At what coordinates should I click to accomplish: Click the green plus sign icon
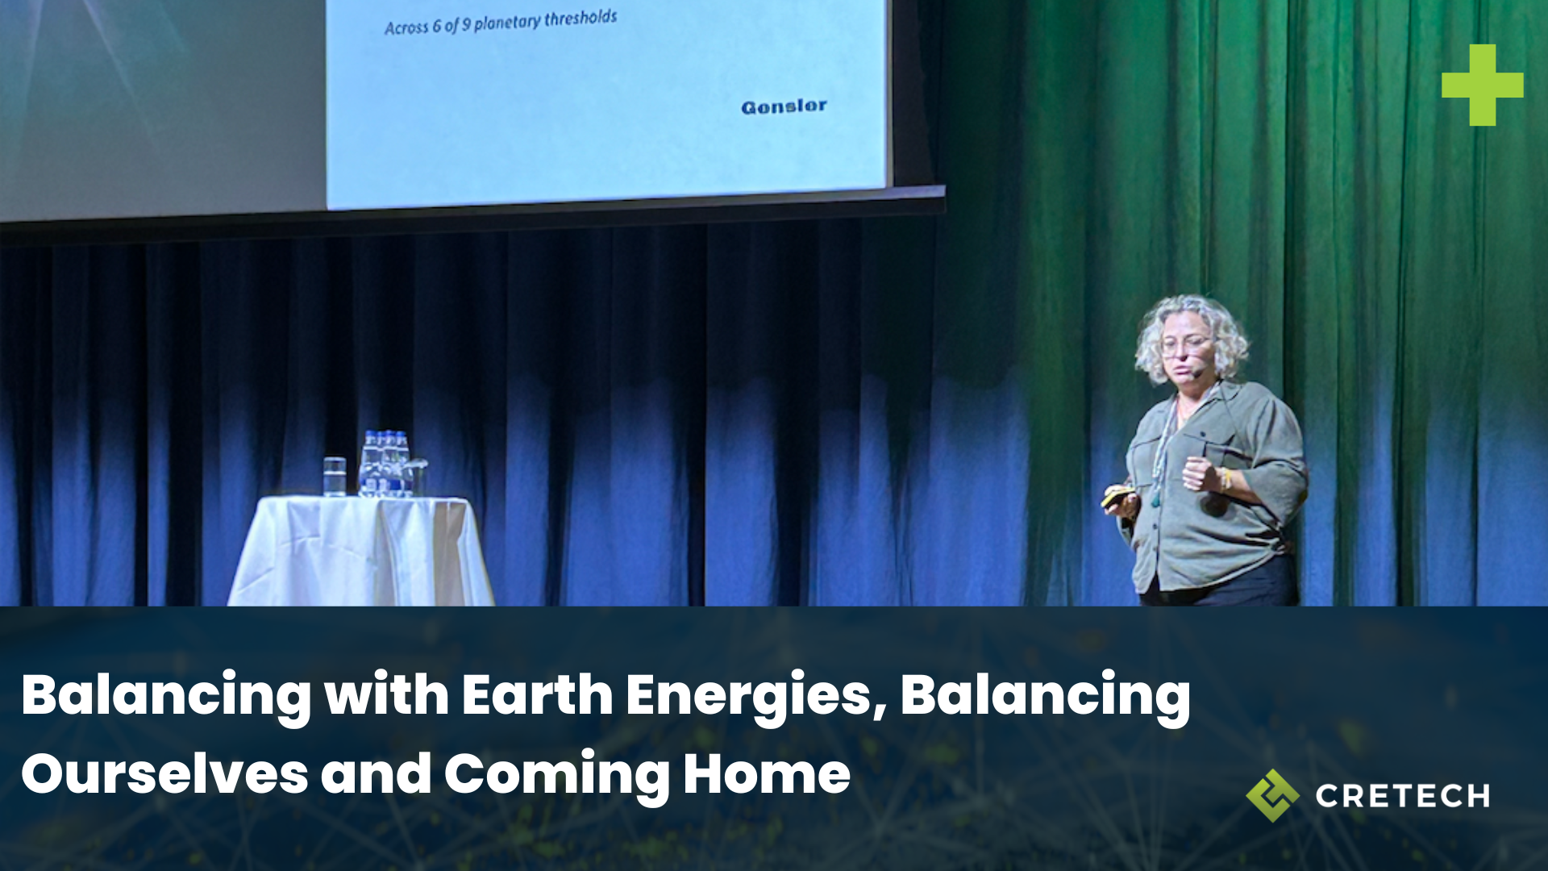click(x=1482, y=85)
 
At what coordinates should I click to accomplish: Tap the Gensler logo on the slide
click(x=784, y=106)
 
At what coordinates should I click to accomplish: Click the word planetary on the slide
click(x=507, y=23)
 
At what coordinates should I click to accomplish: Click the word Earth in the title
click(x=537, y=694)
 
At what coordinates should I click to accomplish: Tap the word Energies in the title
click(x=756, y=696)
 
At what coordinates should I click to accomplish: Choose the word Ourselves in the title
click(x=164, y=773)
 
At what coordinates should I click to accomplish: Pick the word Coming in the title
click(x=556, y=775)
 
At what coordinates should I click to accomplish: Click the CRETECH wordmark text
click(x=1402, y=796)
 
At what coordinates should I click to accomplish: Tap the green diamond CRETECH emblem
click(x=1272, y=795)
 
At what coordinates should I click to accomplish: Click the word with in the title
click(x=386, y=694)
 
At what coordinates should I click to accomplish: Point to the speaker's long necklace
click(x=1161, y=460)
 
